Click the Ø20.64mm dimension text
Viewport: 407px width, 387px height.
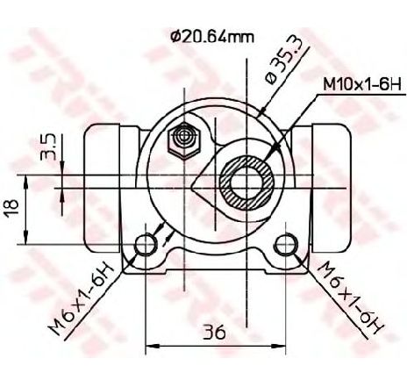point(212,37)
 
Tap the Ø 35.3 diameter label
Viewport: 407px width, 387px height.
point(282,61)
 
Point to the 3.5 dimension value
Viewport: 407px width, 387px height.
point(48,147)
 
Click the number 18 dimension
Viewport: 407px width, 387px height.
point(12,207)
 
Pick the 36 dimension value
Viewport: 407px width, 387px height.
point(215,332)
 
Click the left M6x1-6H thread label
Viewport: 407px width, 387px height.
point(81,298)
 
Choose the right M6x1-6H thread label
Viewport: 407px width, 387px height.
point(350,297)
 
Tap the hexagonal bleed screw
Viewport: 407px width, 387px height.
point(183,141)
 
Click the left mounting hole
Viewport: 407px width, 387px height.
point(145,245)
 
